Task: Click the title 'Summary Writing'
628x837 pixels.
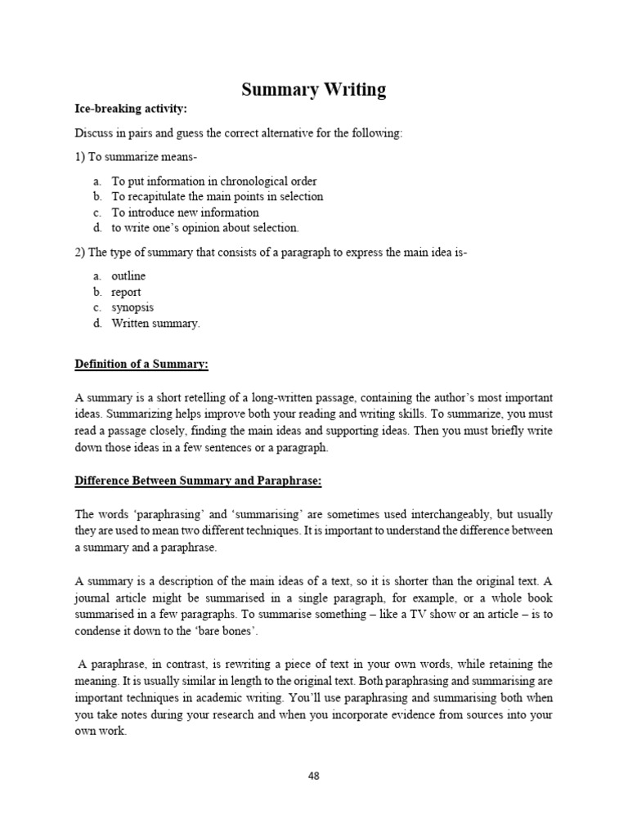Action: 314,89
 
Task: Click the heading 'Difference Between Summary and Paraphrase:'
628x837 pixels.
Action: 199,481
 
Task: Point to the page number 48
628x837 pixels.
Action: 314,777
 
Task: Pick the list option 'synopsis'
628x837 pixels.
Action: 132,308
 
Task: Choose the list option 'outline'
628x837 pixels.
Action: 128,276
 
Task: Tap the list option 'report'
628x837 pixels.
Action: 126,292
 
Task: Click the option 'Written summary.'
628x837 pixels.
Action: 155,324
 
